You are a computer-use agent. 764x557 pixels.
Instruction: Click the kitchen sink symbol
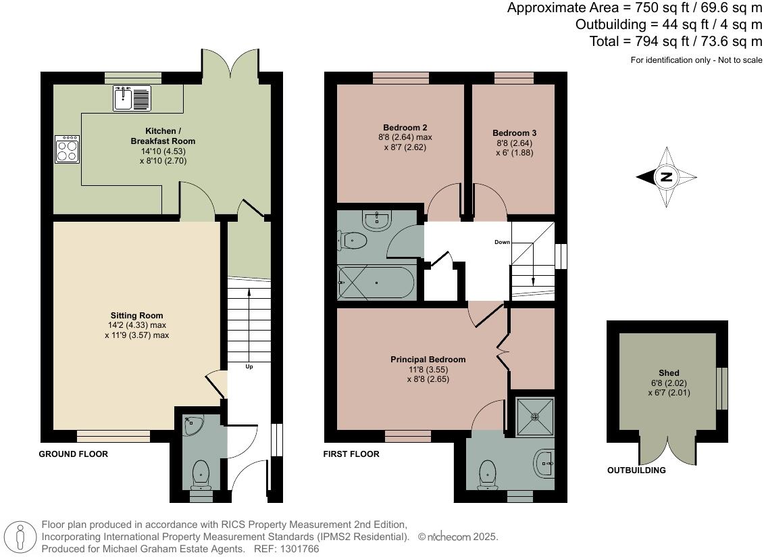tap(132, 99)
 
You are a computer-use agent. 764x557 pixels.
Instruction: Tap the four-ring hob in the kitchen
tap(67, 149)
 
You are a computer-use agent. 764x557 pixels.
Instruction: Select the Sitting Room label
tap(136, 316)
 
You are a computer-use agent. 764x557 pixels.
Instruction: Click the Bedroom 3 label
tap(514, 133)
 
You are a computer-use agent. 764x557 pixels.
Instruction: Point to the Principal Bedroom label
tap(428, 360)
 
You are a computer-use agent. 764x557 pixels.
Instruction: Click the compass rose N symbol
tap(666, 178)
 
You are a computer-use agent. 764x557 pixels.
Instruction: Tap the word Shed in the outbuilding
tap(669, 373)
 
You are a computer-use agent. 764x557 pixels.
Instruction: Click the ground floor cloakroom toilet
tap(201, 473)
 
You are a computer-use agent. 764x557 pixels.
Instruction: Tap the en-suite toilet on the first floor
tap(488, 473)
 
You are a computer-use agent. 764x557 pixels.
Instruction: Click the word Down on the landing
tap(502, 241)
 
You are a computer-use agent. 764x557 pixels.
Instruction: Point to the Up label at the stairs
tap(249, 366)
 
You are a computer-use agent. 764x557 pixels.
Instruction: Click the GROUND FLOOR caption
tap(73, 454)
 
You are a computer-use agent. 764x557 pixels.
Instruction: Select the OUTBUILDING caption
tap(636, 470)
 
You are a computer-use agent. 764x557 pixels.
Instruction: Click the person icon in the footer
tap(20, 537)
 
